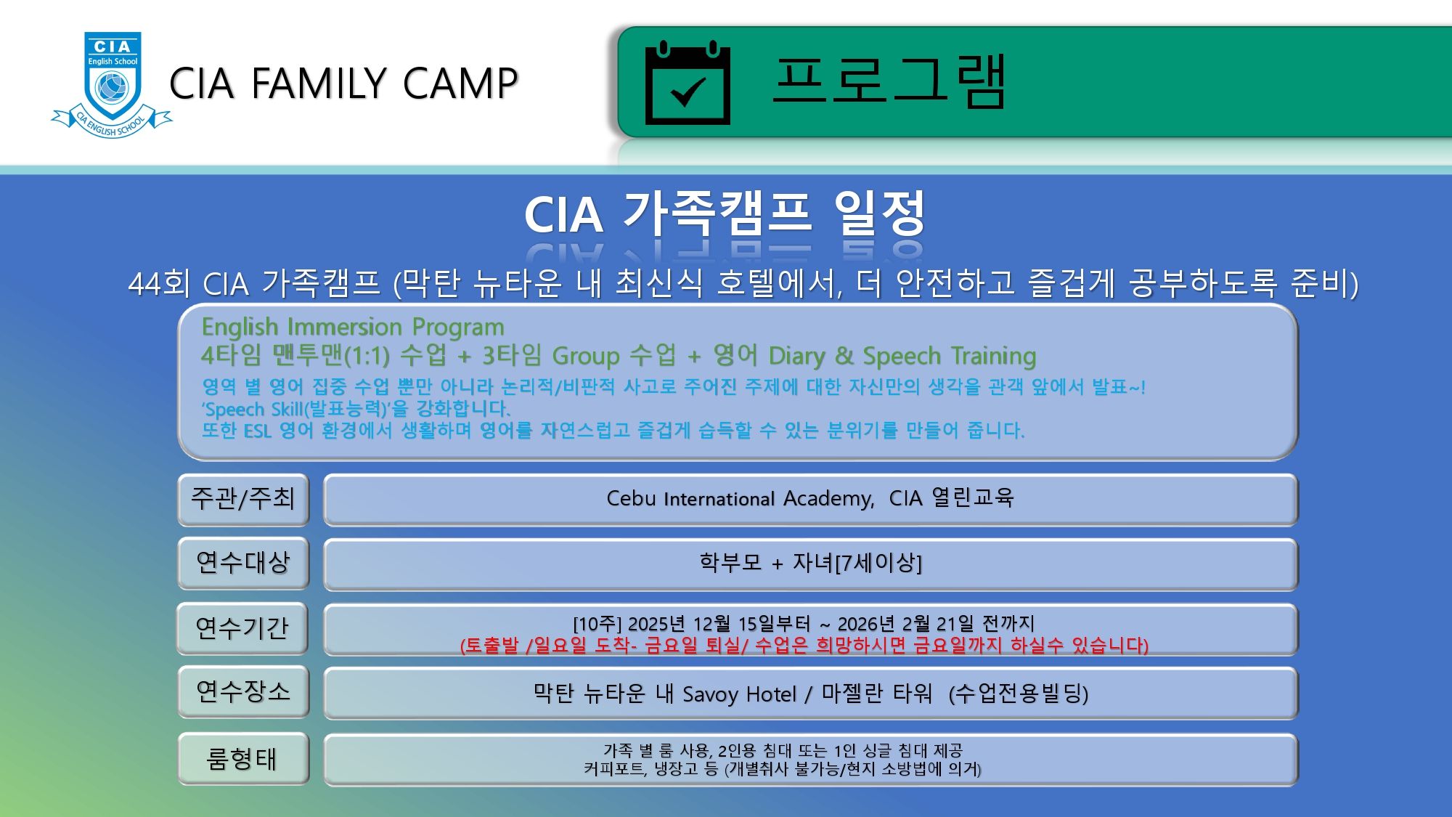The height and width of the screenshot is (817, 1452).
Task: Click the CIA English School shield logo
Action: coord(112,84)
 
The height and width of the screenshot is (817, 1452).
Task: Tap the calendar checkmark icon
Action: coord(688,83)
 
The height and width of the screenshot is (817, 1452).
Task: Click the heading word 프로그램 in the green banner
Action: coord(889,81)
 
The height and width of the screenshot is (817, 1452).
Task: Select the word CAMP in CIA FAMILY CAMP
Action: coord(460,83)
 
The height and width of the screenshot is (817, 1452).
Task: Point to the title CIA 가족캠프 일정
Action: coord(725,214)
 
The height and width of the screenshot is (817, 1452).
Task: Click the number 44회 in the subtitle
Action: coord(159,283)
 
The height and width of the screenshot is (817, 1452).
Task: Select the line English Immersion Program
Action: coord(353,327)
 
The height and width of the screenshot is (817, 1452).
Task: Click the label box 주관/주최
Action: coord(243,499)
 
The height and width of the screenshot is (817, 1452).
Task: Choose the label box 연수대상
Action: coord(243,563)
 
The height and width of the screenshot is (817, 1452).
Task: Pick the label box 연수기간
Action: coord(243,628)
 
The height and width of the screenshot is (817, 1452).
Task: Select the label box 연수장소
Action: coord(243,691)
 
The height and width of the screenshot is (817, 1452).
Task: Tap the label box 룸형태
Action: coord(243,758)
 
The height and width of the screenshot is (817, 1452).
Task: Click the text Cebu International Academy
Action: coord(741,498)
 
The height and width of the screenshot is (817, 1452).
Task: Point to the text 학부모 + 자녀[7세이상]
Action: coord(810,562)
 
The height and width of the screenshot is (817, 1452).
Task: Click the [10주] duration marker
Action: coord(597,624)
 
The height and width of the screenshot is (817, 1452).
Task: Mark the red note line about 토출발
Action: coord(804,645)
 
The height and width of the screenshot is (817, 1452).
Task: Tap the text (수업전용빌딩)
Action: coord(1019,694)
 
